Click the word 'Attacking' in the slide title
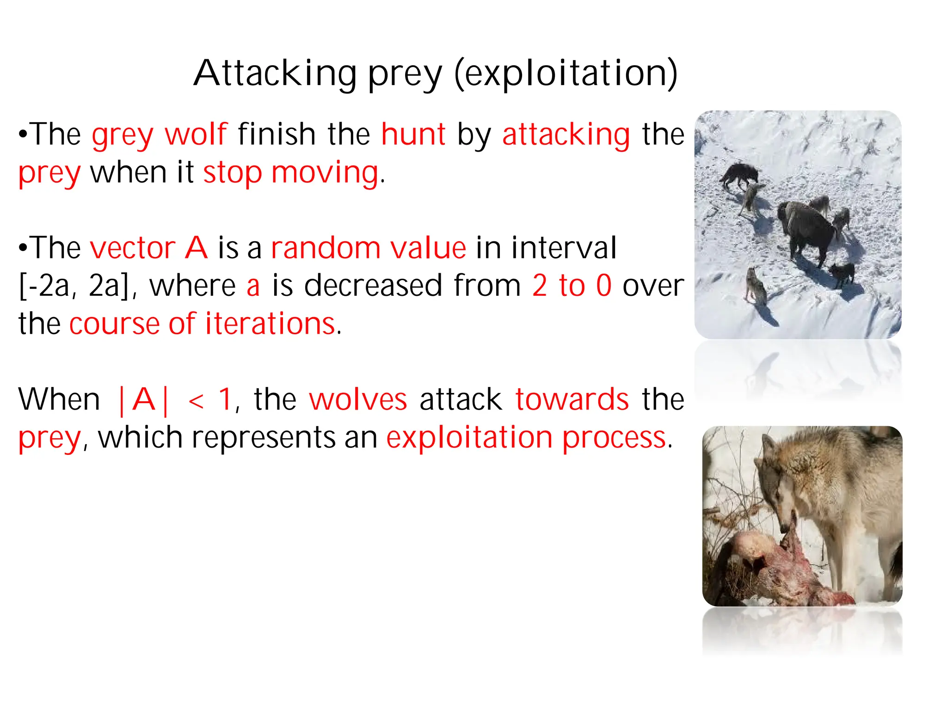click(x=275, y=74)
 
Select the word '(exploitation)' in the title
click(x=566, y=74)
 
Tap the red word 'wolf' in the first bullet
click(x=196, y=134)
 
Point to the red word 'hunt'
click(x=413, y=134)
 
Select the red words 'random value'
click(x=369, y=248)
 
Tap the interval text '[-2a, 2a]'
click(x=74, y=286)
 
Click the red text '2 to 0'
click(x=572, y=285)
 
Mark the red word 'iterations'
click(x=270, y=323)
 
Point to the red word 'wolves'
click(x=358, y=399)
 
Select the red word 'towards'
click(x=572, y=399)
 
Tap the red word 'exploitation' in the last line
click(x=469, y=437)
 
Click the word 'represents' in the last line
click(x=263, y=438)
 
